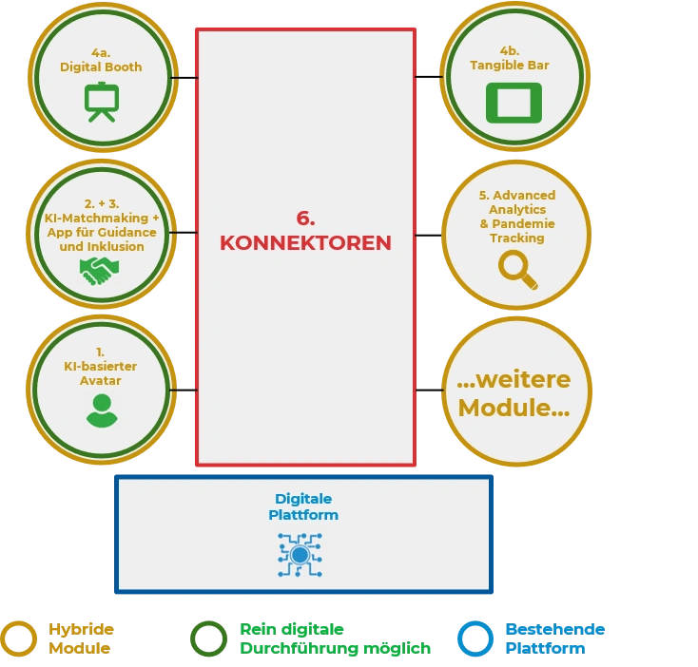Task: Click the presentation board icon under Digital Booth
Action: pos(101,102)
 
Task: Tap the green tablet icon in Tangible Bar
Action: pos(514,103)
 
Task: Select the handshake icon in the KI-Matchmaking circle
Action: pos(100,272)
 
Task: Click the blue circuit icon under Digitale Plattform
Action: pos(300,555)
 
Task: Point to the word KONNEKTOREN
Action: pos(305,242)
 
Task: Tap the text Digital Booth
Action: pos(101,67)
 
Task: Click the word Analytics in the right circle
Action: pos(517,209)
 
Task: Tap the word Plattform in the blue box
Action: pos(303,515)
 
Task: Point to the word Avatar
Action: pos(101,381)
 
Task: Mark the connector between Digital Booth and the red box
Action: pos(184,78)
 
